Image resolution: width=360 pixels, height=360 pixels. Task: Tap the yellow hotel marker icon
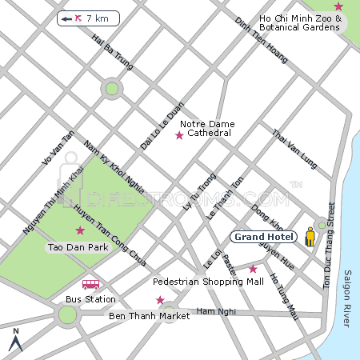310,237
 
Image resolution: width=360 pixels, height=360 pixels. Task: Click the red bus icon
90,284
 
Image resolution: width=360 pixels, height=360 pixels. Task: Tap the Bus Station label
90,299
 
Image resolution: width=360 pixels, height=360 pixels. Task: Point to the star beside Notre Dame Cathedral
179,135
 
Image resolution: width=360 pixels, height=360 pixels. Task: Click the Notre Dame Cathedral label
206,128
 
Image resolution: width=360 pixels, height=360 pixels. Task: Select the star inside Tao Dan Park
79,230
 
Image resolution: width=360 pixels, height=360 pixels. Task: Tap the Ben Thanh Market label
149,316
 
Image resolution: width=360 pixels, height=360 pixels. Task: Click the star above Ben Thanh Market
160,300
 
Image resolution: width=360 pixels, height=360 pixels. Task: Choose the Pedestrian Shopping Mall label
208,282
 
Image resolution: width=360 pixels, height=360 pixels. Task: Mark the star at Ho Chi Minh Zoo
338,6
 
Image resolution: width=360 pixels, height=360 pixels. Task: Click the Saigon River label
346,298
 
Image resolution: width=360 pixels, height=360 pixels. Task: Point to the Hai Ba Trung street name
112,54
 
